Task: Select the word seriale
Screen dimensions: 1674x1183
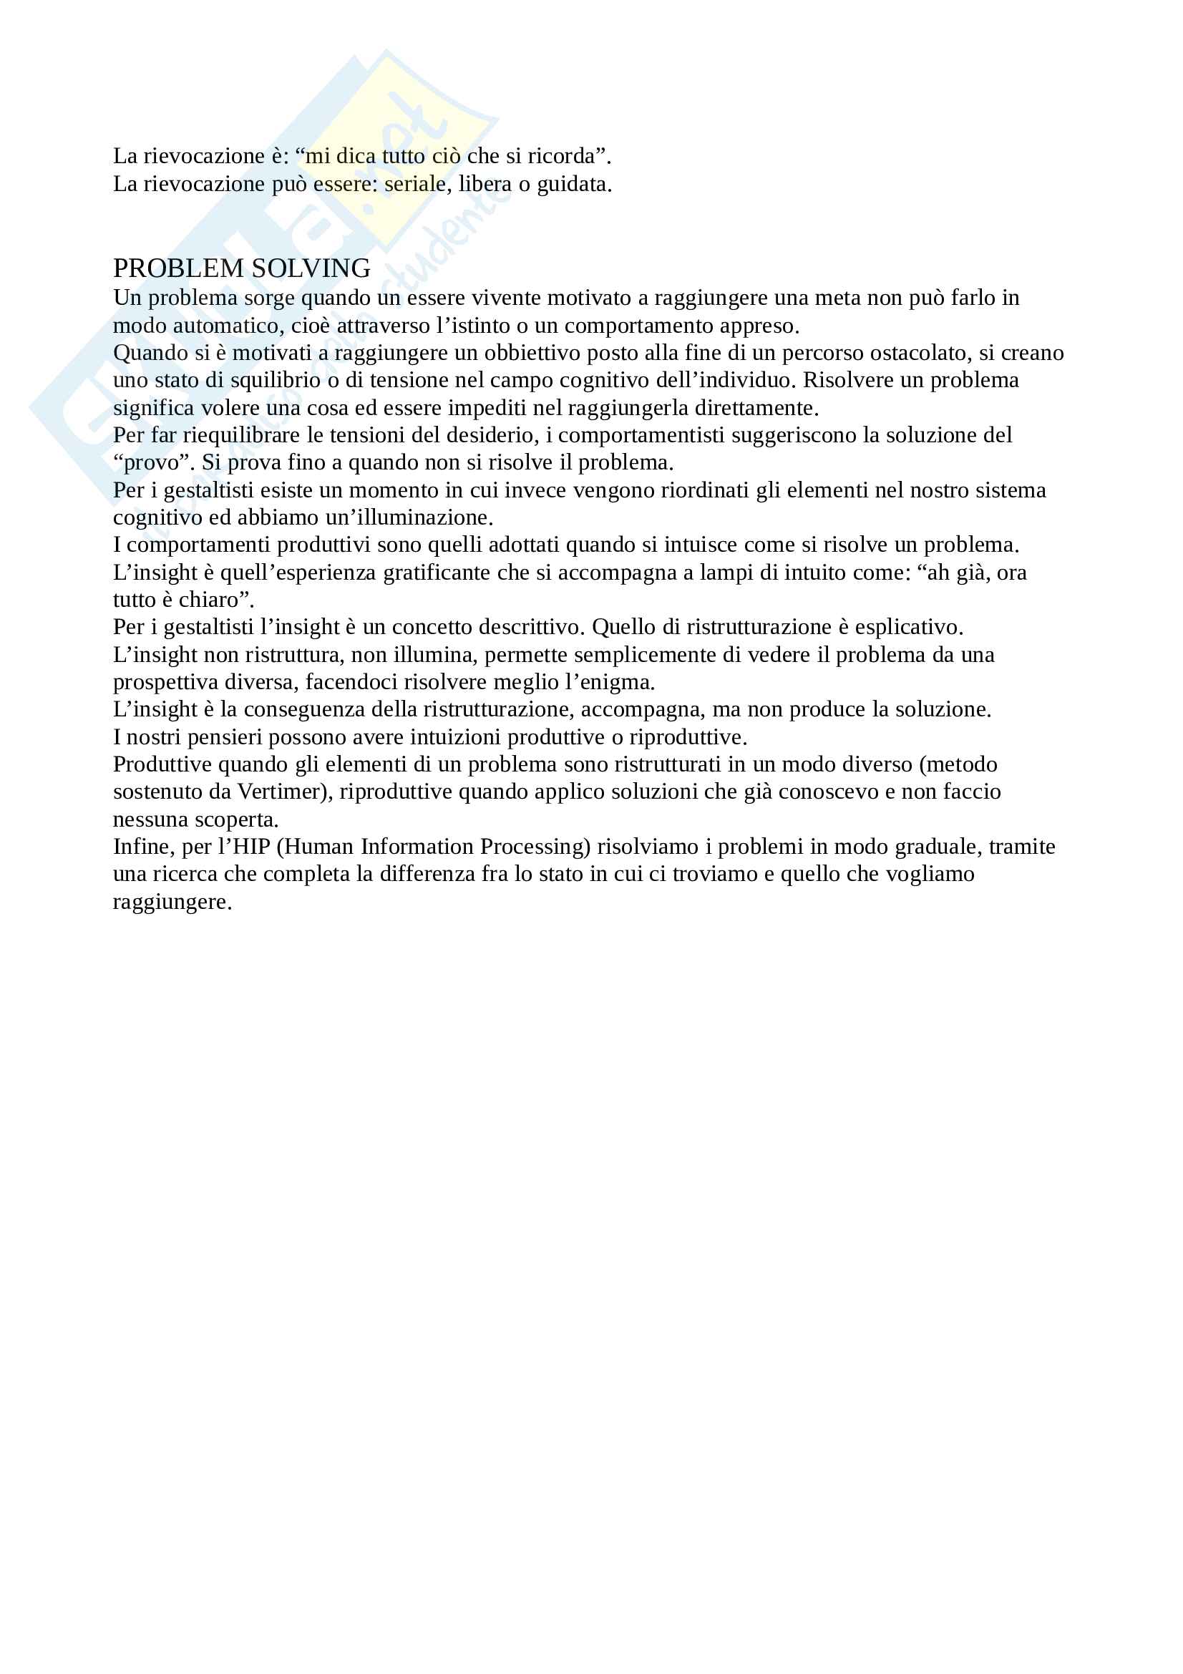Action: [415, 184]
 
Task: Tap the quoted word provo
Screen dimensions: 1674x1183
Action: [152, 462]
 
